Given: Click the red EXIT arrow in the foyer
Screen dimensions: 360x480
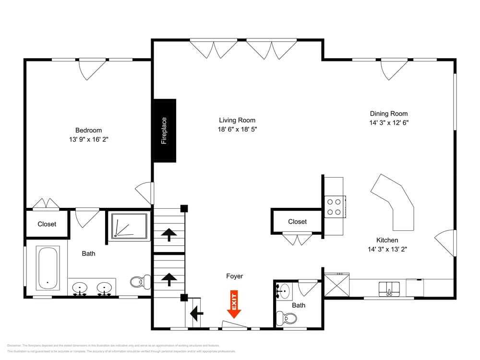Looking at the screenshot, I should [x=234, y=304].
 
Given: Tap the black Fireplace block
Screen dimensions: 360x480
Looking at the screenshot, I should [x=164, y=131].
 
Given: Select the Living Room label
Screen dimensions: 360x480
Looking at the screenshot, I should [x=237, y=120].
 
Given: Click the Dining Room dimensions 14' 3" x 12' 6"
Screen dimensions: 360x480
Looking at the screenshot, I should [x=389, y=122].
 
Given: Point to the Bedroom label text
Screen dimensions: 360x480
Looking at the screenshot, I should [x=88, y=131].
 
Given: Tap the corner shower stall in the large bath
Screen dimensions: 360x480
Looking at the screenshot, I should [x=129, y=226].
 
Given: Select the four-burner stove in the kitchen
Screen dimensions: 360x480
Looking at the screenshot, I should [x=334, y=206].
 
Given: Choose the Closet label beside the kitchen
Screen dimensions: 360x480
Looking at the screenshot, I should [x=297, y=222].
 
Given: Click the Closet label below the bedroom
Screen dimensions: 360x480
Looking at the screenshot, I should [x=47, y=224].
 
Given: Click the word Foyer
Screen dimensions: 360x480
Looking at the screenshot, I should [x=235, y=276].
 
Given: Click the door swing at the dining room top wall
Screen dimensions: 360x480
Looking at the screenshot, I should [x=394, y=70].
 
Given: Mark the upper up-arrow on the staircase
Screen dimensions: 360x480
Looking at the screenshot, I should [x=168, y=235].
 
